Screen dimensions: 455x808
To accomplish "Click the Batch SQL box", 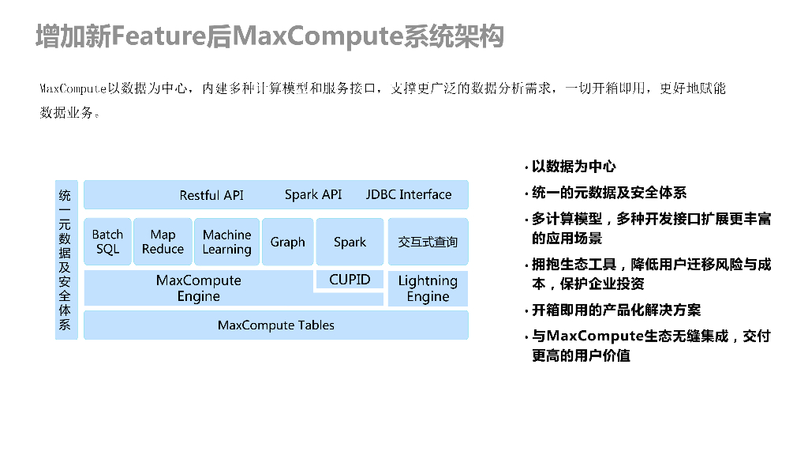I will point(107,242).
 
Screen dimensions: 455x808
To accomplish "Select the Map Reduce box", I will point(163,242).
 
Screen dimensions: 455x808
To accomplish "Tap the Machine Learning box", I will point(226,242).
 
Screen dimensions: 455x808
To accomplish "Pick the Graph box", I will point(287,242).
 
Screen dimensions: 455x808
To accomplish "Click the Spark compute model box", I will point(350,242).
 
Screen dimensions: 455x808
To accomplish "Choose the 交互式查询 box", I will point(428,242).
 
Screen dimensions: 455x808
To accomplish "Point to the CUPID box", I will point(350,280).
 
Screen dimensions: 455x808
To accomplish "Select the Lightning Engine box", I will point(428,288).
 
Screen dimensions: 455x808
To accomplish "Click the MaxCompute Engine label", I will point(198,288).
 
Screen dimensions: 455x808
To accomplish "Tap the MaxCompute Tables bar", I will point(275,325).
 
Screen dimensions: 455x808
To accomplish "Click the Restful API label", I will point(211,195).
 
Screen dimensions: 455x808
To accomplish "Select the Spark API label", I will point(313,194).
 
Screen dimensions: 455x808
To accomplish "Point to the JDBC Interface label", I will point(409,194).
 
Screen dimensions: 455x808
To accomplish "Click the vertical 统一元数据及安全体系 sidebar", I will point(65,260).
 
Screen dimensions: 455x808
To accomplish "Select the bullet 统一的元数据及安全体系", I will point(608,193).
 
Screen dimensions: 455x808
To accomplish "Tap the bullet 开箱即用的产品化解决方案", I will point(615,310).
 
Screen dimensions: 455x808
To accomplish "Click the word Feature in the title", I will point(159,37).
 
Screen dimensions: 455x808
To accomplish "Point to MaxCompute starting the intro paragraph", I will point(73,88).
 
